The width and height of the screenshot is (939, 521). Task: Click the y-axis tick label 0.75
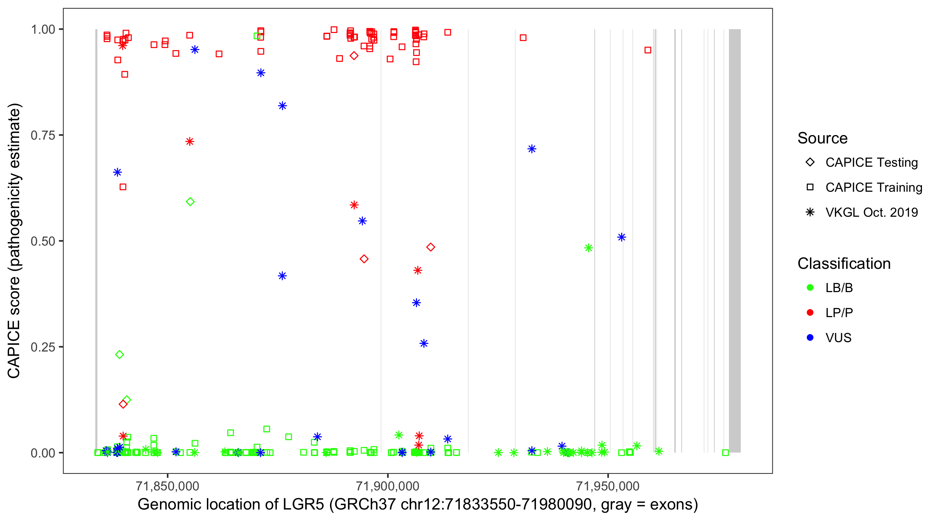(43, 135)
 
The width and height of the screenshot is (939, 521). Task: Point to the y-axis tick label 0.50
(43, 241)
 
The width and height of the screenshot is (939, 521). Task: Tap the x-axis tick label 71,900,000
(387, 486)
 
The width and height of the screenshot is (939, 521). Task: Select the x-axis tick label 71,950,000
(608, 486)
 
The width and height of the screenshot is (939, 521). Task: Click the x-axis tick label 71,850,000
(167, 486)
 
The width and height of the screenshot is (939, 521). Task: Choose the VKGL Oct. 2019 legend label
(872, 212)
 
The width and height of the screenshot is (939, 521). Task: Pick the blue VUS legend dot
(810, 338)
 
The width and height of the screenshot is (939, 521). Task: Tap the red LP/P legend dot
(810, 313)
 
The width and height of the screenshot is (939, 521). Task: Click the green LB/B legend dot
(810, 288)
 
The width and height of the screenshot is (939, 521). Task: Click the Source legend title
(822, 138)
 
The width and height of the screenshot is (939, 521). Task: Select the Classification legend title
(844, 264)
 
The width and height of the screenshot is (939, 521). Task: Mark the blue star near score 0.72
(532, 149)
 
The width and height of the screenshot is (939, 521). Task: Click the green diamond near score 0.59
(190, 202)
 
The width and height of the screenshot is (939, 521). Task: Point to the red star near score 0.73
(190, 142)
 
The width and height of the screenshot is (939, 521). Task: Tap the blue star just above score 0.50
(621, 237)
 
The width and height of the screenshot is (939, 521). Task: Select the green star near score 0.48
(588, 248)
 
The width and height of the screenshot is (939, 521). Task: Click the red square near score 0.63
(123, 187)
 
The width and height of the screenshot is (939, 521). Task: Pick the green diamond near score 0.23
(120, 355)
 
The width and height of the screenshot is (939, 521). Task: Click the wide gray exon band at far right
(735, 240)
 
